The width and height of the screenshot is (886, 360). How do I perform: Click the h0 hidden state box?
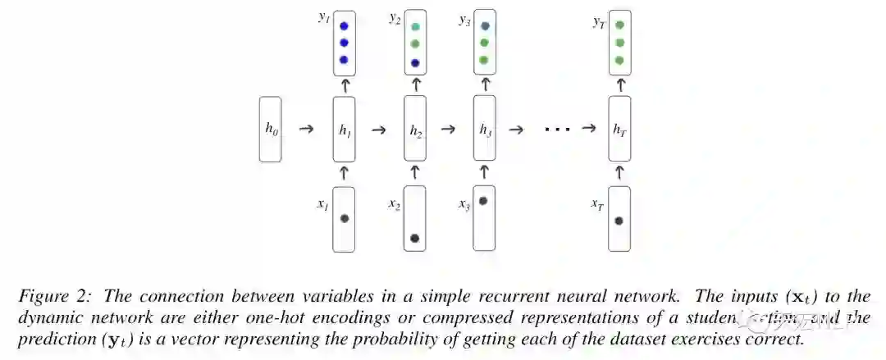pos(271,128)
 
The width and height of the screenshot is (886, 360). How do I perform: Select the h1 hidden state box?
pos(344,128)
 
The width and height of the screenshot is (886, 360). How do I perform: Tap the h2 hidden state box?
pos(415,128)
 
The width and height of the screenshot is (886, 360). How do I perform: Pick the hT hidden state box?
pos(619,128)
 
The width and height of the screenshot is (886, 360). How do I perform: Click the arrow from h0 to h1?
pos(306,129)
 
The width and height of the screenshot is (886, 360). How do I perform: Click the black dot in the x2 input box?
pos(415,238)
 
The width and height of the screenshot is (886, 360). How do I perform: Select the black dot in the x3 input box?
pos(484,200)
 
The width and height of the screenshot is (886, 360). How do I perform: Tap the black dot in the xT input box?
pos(619,221)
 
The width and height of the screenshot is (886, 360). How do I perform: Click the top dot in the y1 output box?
pos(344,25)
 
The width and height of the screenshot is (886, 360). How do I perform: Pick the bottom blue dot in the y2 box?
pos(415,62)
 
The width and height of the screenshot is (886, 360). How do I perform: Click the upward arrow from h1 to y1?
pos(344,84)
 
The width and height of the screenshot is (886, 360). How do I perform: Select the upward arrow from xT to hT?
pos(619,171)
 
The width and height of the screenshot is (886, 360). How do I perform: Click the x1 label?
pos(322,203)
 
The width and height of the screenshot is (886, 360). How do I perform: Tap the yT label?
pos(599,22)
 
